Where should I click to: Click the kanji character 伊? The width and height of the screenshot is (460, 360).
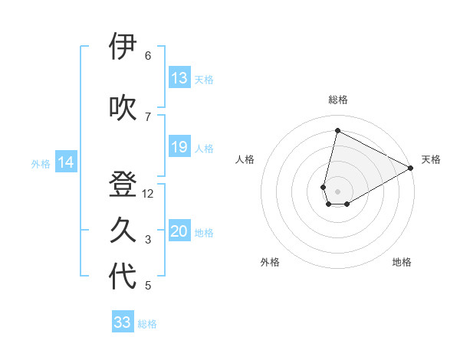[122, 47]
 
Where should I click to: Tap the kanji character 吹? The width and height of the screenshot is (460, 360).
[122, 108]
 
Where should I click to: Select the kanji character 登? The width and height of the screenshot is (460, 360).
[122, 185]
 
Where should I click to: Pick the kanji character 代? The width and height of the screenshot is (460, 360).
[122, 277]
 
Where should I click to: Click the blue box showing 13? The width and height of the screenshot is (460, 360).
[179, 78]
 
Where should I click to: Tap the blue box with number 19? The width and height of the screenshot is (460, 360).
[179, 147]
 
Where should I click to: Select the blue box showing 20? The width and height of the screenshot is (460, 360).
[179, 232]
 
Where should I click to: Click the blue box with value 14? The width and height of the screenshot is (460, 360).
[66, 162]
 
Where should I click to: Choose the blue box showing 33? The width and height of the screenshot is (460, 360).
[123, 322]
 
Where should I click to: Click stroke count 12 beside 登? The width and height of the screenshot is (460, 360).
[148, 194]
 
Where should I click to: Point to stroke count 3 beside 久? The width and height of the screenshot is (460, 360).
[148, 240]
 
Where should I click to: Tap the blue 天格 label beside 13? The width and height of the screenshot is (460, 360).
[204, 79]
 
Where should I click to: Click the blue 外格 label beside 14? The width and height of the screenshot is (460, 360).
[41, 163]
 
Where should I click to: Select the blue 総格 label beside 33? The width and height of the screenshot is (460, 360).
[147, 323]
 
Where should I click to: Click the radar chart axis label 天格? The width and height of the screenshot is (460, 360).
[431, 159]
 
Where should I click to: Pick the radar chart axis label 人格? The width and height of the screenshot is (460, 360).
[245, 159]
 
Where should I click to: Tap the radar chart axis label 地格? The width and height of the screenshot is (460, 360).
[402, 262]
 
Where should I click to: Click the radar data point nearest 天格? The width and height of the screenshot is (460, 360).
[411, 168]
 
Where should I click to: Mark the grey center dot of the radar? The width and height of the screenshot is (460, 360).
[337, 190]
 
